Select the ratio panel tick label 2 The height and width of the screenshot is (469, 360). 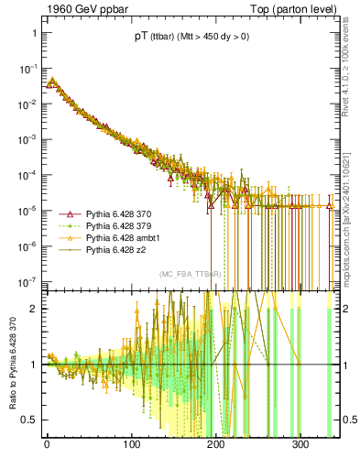(33, 309)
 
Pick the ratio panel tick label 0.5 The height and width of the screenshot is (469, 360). (29, 420)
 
